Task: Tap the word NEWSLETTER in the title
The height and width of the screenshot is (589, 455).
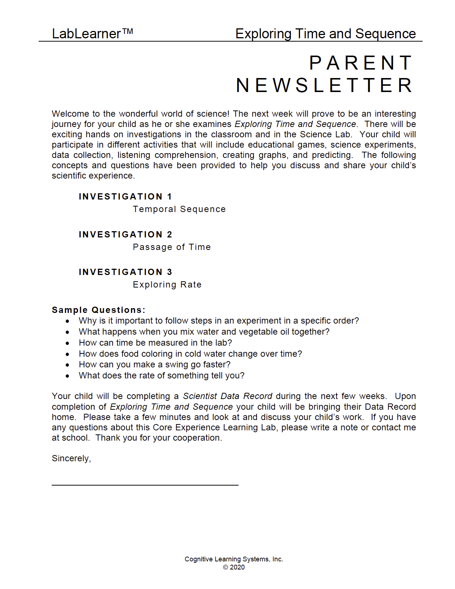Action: tap(324, 85)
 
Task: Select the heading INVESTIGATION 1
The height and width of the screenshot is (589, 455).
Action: tap(125, 197)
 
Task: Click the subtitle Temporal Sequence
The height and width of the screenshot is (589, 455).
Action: tap(179, 209)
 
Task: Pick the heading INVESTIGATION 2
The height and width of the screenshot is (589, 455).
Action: tap(125, 234)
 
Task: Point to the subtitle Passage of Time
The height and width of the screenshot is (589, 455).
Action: tap(172, 247)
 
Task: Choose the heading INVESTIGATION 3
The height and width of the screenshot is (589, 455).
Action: tap(125, 272)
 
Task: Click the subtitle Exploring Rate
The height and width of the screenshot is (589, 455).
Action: tap(167, 285)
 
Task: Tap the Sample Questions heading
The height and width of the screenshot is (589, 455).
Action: tap(98, 310)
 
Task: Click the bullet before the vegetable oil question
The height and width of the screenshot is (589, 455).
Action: tap(67, 332)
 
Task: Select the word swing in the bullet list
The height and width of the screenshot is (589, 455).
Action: tap(177, 364)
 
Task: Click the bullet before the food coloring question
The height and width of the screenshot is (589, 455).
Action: tap(67, 354)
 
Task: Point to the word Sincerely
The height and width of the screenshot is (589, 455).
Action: tap(71, 458)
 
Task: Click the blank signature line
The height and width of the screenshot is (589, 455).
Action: tap(145, 484)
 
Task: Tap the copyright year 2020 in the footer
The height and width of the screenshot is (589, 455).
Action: tap(237, 567)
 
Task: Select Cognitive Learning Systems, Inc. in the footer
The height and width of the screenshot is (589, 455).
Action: tap(234, 559)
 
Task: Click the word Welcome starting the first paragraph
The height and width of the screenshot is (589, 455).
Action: tap(69, 114)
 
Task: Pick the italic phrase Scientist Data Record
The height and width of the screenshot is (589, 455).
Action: tap(227, 396)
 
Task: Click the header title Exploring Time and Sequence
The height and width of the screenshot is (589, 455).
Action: tap(325, 34)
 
